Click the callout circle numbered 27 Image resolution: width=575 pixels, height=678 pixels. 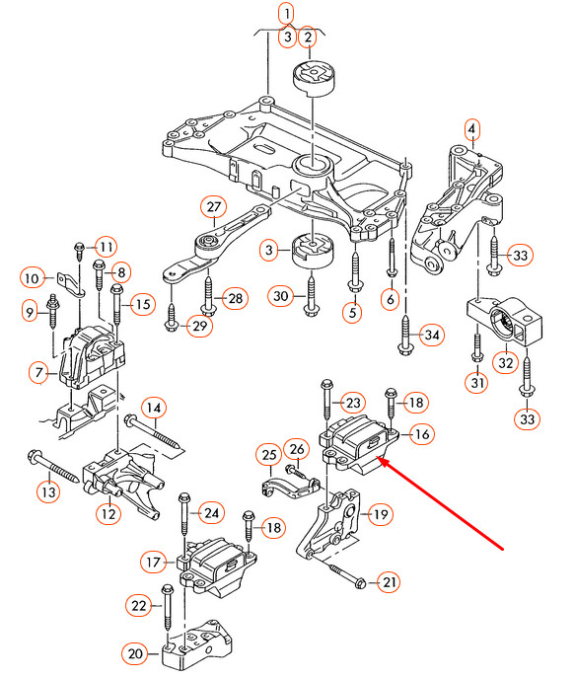pos(213,207)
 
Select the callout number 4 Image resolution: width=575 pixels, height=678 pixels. pos(471,129)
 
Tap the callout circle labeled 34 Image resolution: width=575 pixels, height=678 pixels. pos(431,336)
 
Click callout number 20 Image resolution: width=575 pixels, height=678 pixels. pos(134,652)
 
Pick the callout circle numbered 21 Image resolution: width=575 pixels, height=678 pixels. pos(390,583)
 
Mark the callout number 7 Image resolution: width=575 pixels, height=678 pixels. pos(39,373)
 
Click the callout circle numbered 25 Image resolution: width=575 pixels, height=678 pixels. pos(268,454)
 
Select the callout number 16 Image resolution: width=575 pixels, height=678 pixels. pos(421,433)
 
